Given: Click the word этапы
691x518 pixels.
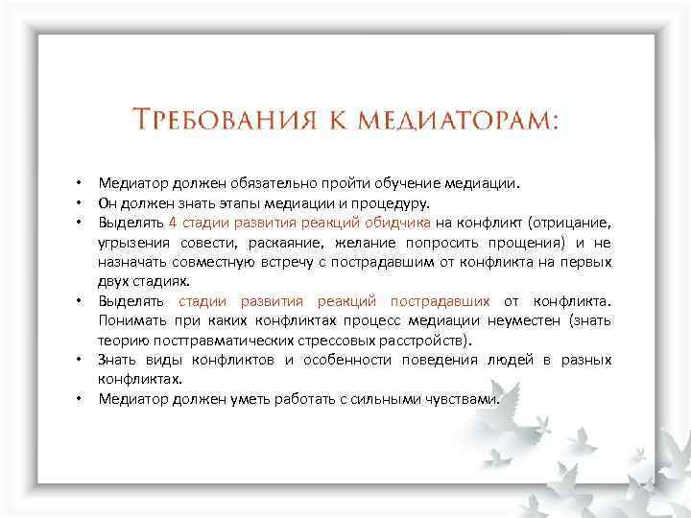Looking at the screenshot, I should (x=216, y=202).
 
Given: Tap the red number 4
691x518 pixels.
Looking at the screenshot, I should (x=171, y=223).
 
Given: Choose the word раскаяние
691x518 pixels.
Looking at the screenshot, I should (x=261, y=243).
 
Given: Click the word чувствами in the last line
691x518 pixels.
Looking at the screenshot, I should (x=465, y=399).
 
